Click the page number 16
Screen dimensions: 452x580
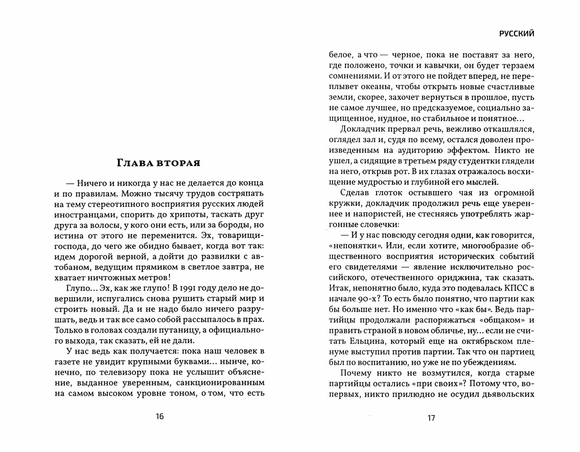coord(160,416)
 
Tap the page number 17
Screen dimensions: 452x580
coord(432,418)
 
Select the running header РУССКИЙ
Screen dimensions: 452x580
coord(516,34)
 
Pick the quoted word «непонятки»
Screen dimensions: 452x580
coord(353,246)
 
